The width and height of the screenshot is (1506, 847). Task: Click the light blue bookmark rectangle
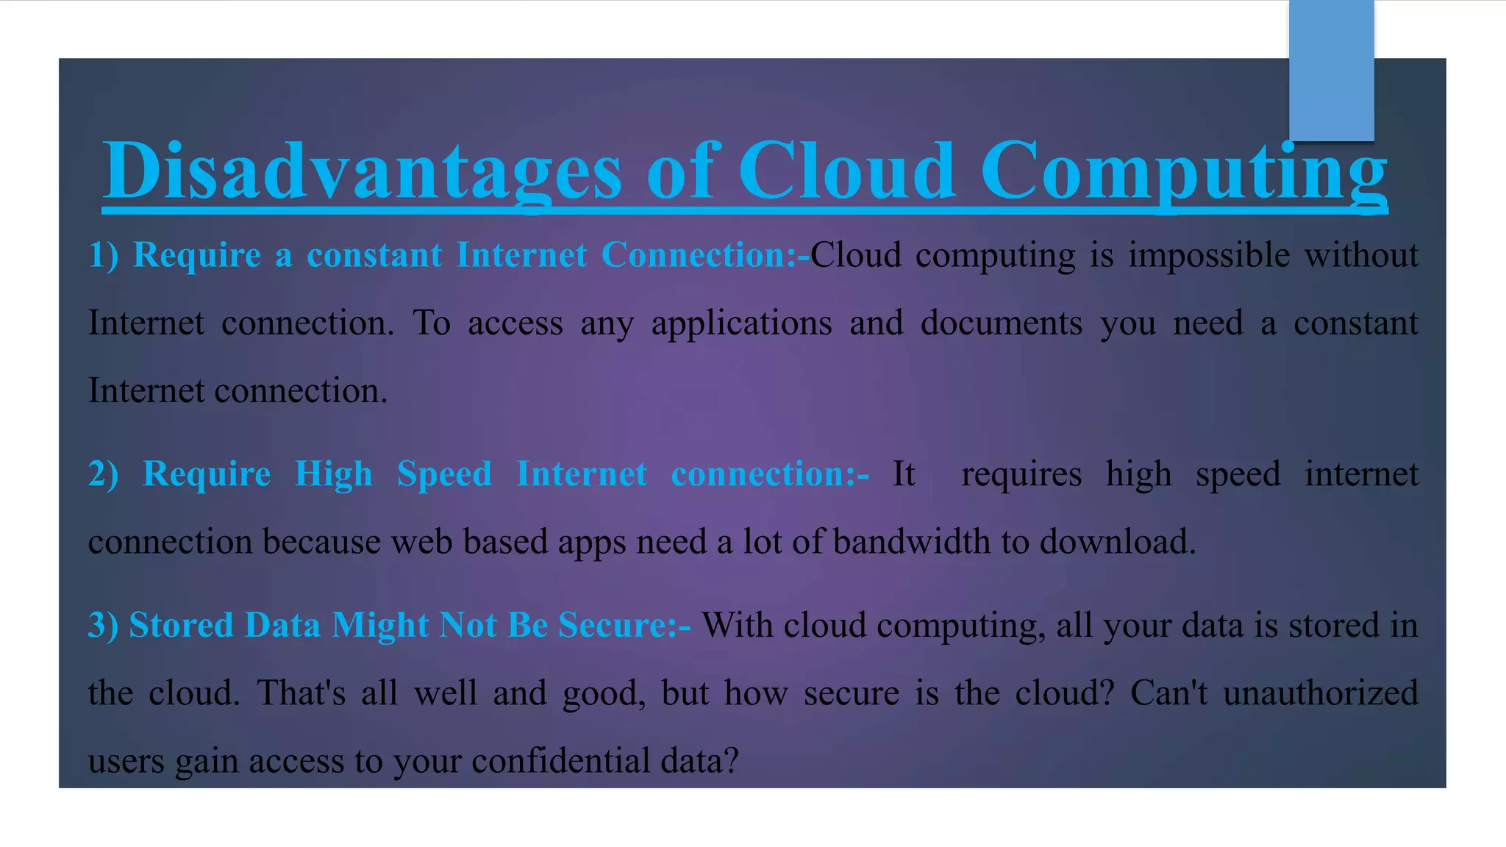tap(1331, 70)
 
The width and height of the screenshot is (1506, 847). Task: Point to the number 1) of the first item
tap(103, 255)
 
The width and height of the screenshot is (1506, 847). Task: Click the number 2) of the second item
tap(103, 473)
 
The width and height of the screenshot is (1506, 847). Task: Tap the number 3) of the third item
tap(103, 625)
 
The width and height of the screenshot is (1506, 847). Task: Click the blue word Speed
tap(444, 473)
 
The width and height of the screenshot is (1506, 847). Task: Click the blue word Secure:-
tap(624, 625)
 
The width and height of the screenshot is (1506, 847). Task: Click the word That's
tap(301, 693)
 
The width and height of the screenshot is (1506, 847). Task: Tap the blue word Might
tap(380, 625)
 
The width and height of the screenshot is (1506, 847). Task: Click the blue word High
tap(333, 473)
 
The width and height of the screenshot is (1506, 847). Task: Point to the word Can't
tap(1168, 693)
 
